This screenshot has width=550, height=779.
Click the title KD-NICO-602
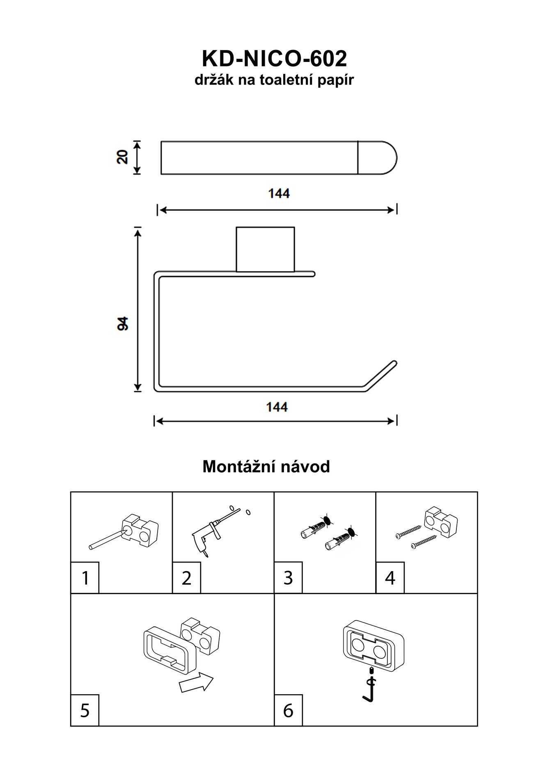coord(274,59)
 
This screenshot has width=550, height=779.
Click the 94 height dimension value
coord(123,323)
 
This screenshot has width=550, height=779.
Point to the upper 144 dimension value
coord(279,193)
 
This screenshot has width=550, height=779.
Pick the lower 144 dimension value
coord(277,407)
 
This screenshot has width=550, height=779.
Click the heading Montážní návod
coord(266,467)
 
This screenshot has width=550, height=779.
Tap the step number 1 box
coord(85,578)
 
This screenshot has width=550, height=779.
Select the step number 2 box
coord(187,578)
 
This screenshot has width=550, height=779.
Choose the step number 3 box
coord(288,578)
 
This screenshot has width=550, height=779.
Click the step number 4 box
coord(390,578)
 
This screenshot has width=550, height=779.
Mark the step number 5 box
coord(85,710)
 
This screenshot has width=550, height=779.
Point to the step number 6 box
coord(288,710)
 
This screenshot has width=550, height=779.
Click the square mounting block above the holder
coord(265,249)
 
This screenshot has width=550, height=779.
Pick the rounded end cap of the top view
coord(377,158)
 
